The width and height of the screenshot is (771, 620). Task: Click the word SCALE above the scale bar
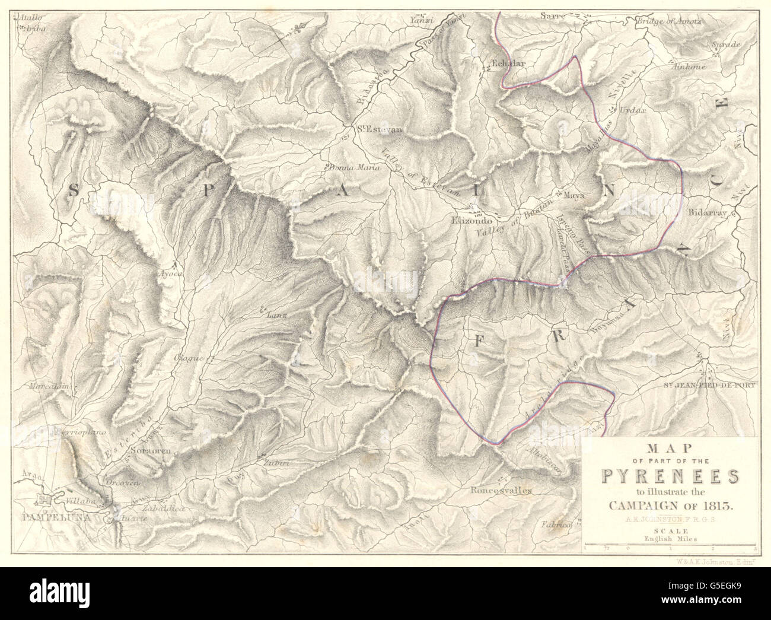[670, 532]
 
